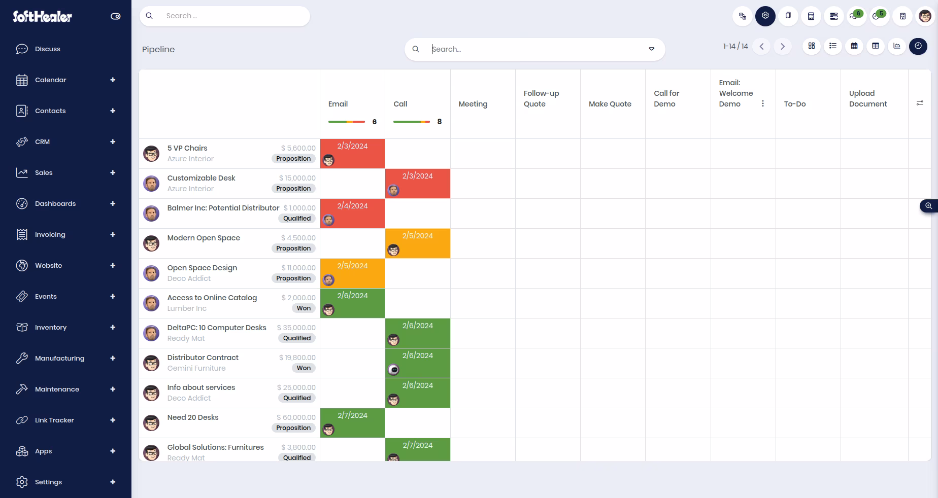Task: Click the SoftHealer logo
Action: (42, 16)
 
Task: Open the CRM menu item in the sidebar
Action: (42, 142)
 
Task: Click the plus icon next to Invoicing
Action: (113, 234)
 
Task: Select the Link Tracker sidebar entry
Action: (54, 420)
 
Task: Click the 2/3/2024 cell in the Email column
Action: (352, 153)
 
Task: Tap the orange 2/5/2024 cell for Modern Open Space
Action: (417, 243)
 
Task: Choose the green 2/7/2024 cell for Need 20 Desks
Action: (352, 423)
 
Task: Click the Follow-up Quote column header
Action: (541, 98)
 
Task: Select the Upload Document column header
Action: (868, 98)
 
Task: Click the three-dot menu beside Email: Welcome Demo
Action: (762, 103)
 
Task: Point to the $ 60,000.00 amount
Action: (296, 417)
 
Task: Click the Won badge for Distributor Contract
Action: (304, 368)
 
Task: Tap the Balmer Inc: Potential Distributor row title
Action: (223, 208)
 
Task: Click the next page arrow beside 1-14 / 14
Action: (783, 47)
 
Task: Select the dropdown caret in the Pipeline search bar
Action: (651, 49)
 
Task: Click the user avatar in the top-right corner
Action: (925, 16)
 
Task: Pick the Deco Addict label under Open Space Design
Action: (189, 278)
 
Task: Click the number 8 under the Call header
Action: (440, 122)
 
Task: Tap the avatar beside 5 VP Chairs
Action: (151, 154)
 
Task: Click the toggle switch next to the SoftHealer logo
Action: (116, 16)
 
